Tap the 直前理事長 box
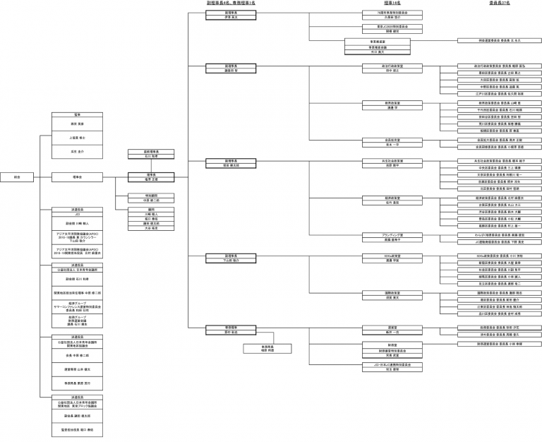pos(146,155)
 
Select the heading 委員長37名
pos(500,3)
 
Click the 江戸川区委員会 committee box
pos(500,93)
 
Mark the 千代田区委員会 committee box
pos(500,109)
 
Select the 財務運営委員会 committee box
pos(500,344)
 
